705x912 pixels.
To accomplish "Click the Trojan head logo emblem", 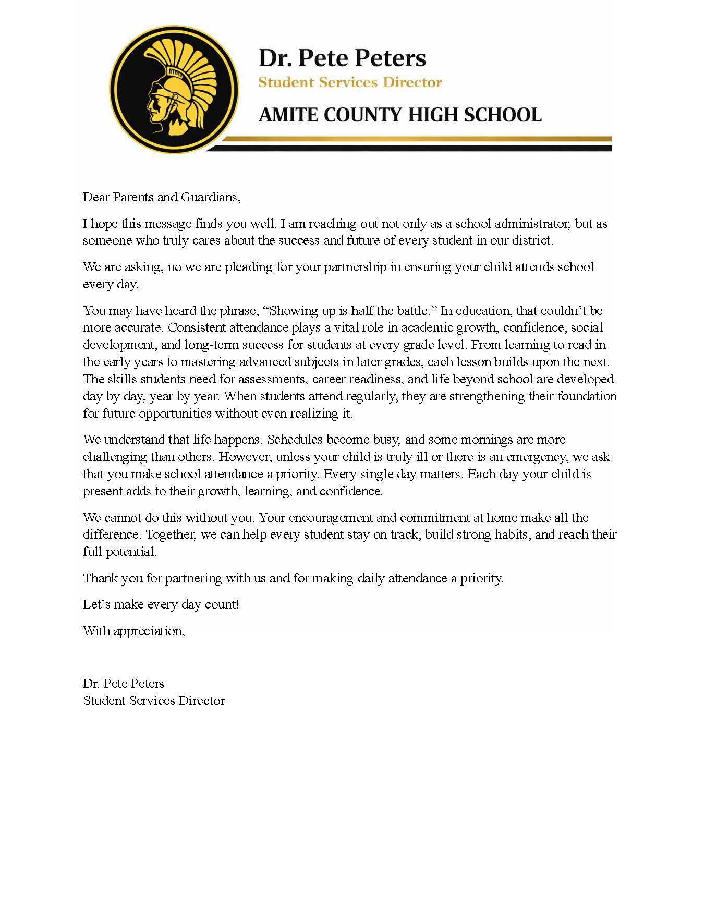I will click(174, 89).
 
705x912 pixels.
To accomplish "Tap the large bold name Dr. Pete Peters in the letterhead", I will click(342, 58).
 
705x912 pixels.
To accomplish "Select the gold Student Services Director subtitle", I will click(350, 82).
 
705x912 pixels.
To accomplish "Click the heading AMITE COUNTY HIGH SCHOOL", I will click(400, 115).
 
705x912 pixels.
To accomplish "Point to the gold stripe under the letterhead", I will click(417, 139).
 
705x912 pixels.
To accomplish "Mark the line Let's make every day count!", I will click(161, 604).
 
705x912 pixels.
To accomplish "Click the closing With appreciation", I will click(134, 631).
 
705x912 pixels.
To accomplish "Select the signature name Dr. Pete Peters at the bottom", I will click(124, 684).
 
